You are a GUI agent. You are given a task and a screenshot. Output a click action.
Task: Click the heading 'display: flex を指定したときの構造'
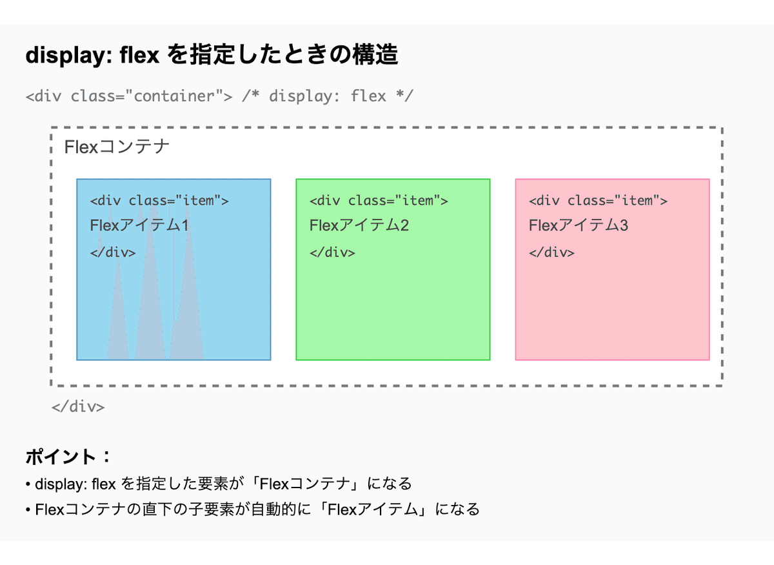(212, 55)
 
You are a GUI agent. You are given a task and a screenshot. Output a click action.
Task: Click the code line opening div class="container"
(219, 96)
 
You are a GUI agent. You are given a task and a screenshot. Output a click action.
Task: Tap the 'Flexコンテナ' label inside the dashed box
(117, 147)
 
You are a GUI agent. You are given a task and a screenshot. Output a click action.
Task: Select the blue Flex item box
(174, 269)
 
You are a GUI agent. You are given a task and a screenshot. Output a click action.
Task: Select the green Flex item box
(393, 269)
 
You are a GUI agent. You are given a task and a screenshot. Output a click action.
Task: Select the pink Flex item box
(612, 269)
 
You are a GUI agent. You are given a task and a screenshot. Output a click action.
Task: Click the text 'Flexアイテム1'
(139, 225)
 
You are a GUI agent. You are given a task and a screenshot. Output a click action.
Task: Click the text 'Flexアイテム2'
(359, 225)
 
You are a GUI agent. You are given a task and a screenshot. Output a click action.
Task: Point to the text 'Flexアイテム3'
(579, 225)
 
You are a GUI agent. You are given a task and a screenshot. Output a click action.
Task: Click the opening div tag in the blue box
(159, 201)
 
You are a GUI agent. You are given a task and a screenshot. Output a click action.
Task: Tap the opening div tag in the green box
(379, 201)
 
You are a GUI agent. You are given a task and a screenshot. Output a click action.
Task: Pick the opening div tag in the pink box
(598, 201)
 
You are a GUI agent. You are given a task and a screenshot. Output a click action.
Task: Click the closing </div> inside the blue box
(113, 252)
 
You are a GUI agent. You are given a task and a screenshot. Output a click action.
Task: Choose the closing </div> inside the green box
(332, 252)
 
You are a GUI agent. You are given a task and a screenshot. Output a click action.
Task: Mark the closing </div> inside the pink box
(552, 252)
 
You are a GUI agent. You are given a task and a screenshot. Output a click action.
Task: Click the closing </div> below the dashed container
(78, 407)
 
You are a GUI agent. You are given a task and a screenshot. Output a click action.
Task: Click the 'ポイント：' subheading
(68, 457)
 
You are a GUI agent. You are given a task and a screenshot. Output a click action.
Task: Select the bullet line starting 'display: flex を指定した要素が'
(219, 484)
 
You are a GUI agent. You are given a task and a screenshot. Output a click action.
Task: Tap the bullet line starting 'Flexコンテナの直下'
(253, 509)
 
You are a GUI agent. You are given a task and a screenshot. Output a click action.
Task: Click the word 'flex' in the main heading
(139, 55)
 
